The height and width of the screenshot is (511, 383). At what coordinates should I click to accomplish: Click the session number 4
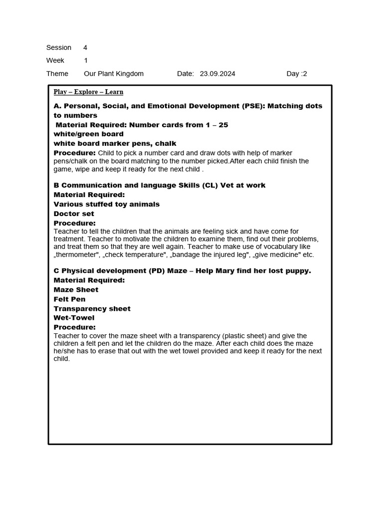click(x=85, y=48)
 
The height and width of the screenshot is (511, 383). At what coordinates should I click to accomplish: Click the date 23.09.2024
click(x=217, y=74)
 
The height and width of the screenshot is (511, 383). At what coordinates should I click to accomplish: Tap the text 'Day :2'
click(x=297, y=74)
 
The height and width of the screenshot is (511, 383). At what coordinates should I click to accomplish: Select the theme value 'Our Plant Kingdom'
click(x=114, y=74)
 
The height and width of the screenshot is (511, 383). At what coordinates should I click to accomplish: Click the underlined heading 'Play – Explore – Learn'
click(x=88, y=92)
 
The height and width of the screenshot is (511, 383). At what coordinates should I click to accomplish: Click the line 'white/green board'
click(x=88, y=134)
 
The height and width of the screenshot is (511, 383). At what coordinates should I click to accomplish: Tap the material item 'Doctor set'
click(x=74, y=214)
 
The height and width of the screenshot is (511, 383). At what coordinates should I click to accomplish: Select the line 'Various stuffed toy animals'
click(x=106, y=204)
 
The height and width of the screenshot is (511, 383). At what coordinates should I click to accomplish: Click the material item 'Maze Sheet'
click(x=76, y=290)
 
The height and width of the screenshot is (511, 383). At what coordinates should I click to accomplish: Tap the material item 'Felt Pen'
click(x=69, y=299)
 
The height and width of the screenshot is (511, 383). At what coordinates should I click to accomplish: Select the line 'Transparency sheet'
click(x=92, y=309)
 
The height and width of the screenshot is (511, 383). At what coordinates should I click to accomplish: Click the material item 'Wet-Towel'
click(x=74, y=318)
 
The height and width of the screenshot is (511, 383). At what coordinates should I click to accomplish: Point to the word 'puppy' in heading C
click(x=297, y=271)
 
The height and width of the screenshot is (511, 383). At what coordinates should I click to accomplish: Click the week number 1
click(x=85, y=61)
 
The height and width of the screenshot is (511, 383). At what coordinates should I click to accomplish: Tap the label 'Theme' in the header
click(x=57, y=74)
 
